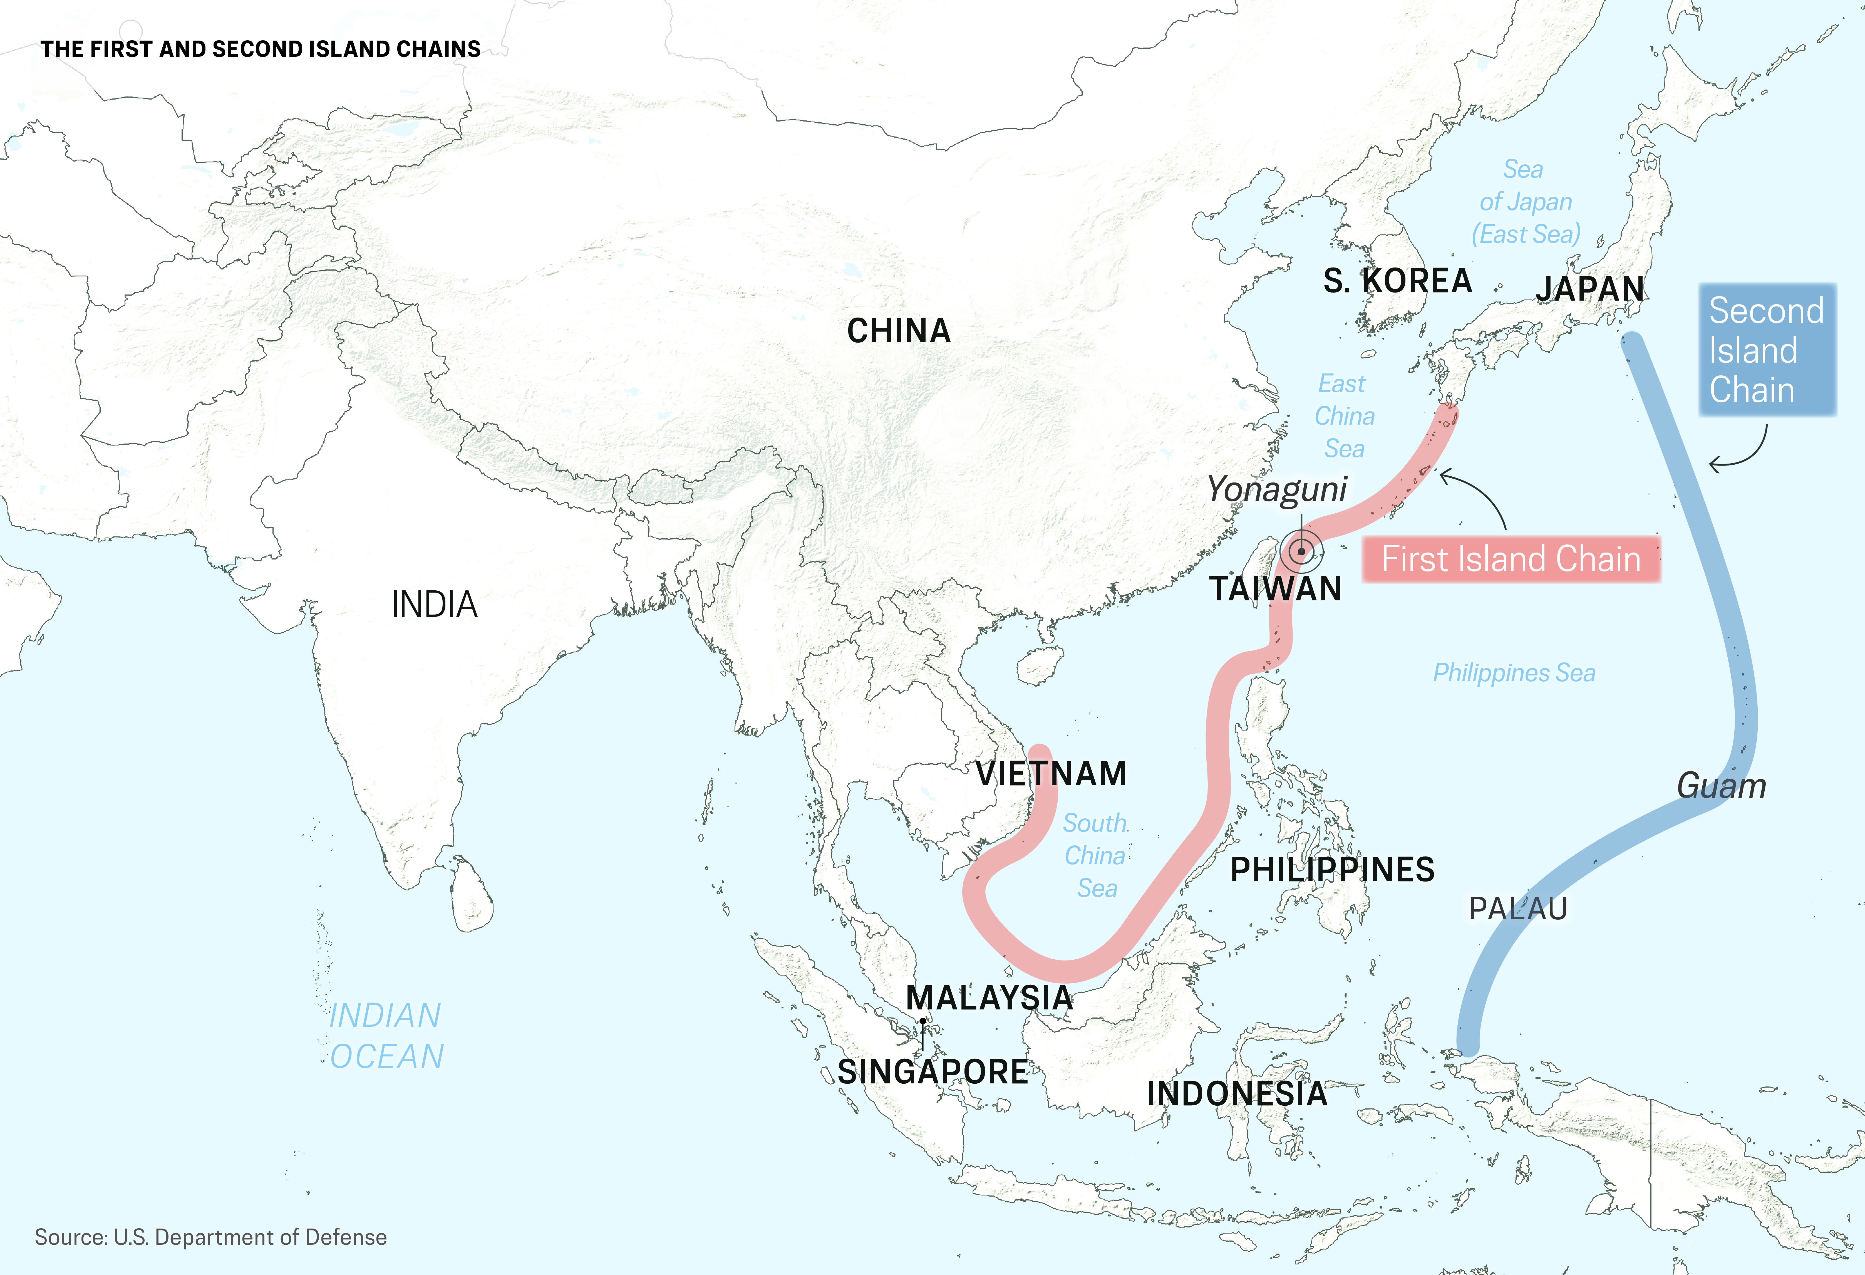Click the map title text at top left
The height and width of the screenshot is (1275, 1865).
(261, 49)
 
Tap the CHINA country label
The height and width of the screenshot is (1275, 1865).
(899, 331)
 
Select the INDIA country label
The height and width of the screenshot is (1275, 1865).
(434, 605)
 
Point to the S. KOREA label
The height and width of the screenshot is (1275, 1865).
(1397, 281)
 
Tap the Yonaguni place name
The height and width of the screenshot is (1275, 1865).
(1277, 489)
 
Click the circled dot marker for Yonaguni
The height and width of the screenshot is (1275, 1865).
(1301, 552)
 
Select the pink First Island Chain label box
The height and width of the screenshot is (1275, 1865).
(1511, 559)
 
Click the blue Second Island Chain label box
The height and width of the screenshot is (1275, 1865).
(1766, 350)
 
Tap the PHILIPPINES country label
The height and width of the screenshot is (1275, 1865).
(1332, 870)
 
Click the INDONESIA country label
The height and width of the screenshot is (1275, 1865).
(1237, 1093)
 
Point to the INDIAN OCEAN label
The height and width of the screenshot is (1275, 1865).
(386, 1036)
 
